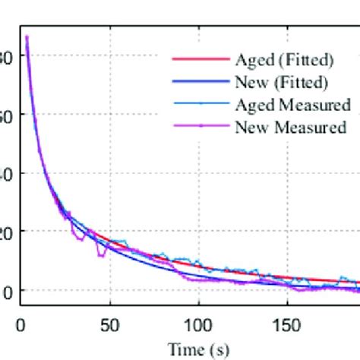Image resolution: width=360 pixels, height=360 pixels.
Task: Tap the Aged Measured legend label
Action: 292,104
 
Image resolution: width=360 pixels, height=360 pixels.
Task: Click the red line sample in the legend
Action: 200,59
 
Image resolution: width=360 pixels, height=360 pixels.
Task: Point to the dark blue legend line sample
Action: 200,81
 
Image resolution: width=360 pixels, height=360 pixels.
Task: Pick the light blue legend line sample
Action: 200,104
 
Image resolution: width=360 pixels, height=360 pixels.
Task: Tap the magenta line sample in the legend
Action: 200,126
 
